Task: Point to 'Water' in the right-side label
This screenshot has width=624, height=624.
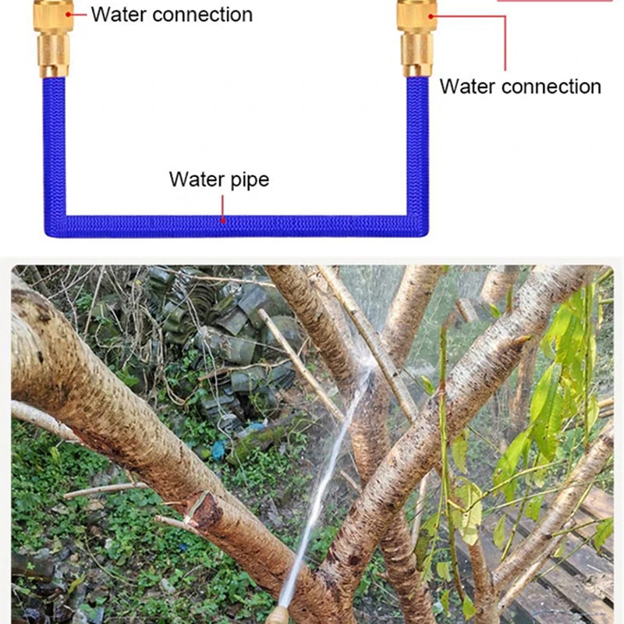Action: pos(466,87)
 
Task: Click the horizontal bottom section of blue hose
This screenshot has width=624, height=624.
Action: pos(234,225)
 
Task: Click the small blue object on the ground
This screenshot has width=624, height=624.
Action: pos(220,450)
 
